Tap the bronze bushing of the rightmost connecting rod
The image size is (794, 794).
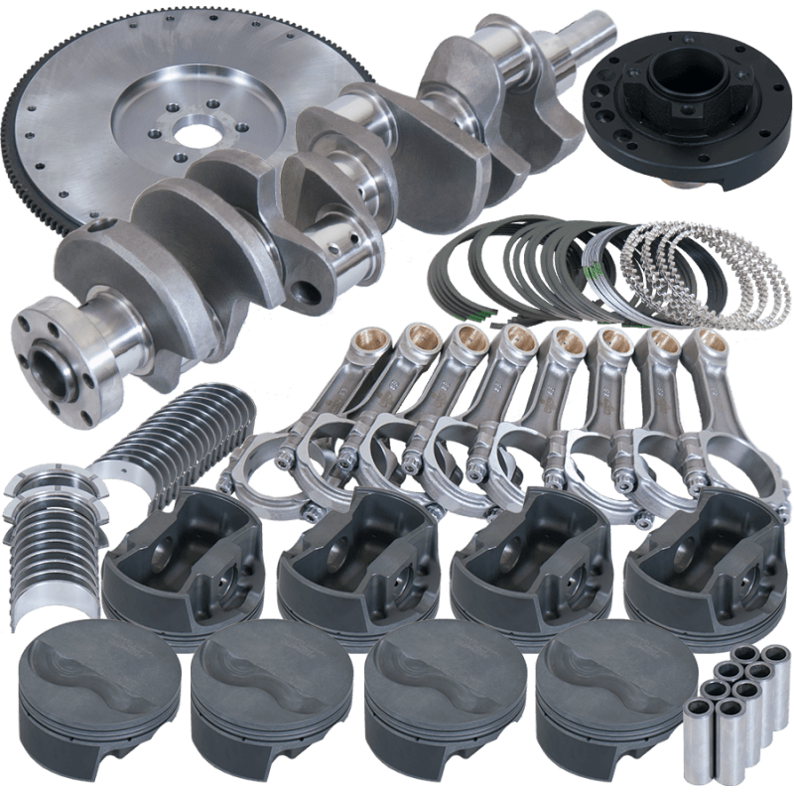coord(704,343)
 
